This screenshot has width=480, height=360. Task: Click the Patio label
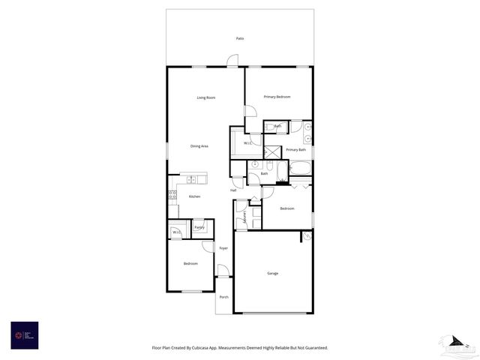point(240,38)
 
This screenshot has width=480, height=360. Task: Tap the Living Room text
point(206,97)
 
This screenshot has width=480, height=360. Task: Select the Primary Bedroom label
point(277,97)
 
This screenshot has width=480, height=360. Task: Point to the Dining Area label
point(199,146)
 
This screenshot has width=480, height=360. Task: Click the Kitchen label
point(194,196)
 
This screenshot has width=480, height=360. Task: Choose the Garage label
point(273,273)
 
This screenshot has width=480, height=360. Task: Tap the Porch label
point(223,297)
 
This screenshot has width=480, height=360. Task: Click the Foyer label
point(223,247)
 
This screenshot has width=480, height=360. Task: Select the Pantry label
point(199,227)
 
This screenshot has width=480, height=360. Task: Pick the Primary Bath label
point(296,150)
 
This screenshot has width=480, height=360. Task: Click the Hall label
point(233,190)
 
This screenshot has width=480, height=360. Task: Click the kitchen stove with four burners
point(172,196)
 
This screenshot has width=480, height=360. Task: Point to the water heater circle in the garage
point(306,237)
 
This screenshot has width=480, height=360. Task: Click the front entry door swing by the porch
point(223,270)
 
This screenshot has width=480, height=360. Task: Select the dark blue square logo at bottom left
point(24,335)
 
